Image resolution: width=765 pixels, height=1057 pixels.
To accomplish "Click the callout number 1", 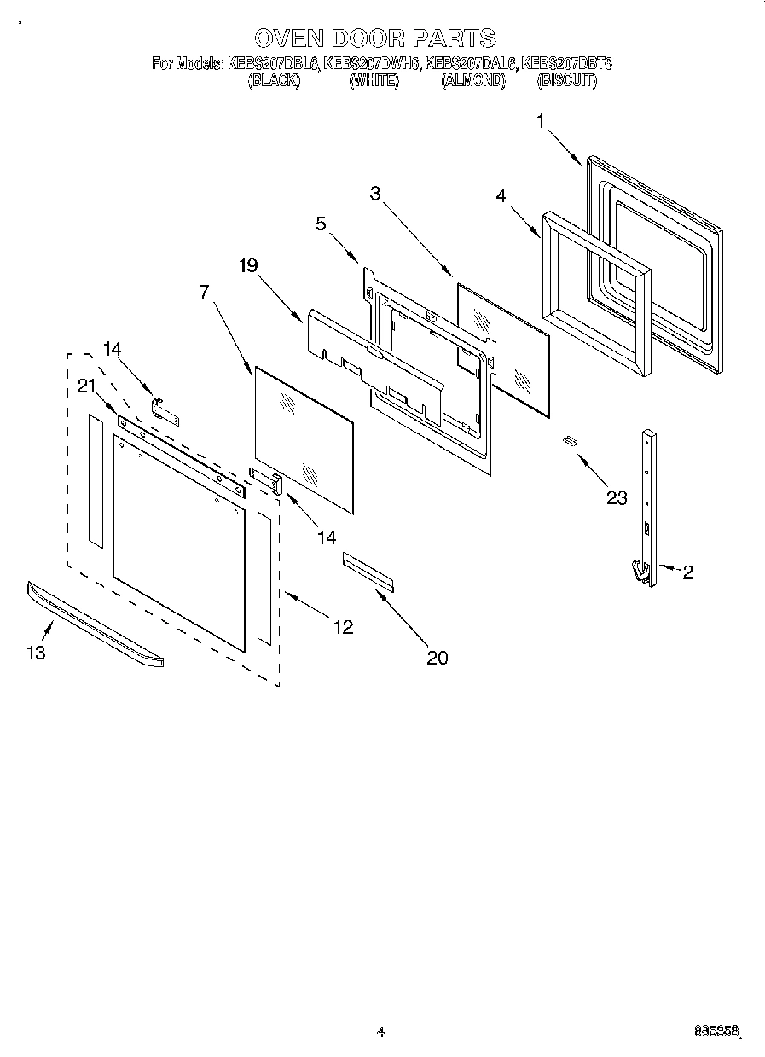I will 540,122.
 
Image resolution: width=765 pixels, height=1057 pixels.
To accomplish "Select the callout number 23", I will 616,498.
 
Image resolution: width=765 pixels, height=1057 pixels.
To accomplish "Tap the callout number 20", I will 438,657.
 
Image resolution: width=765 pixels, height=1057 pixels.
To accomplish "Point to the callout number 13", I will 36,653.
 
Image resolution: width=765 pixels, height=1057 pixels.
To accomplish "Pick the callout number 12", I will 343,627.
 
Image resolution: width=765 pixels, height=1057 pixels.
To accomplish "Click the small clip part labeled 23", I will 569,440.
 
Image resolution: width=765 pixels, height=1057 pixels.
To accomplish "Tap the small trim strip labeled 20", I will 368,570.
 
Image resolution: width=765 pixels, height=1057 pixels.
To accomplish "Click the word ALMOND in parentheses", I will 473,81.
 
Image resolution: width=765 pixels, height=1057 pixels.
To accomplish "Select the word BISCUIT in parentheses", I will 566,81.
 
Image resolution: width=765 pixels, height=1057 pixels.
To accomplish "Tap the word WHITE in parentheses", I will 374,81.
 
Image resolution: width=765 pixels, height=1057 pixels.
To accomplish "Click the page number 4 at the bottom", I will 380,1032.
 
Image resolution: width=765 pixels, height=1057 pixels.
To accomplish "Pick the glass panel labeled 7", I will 303,439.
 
